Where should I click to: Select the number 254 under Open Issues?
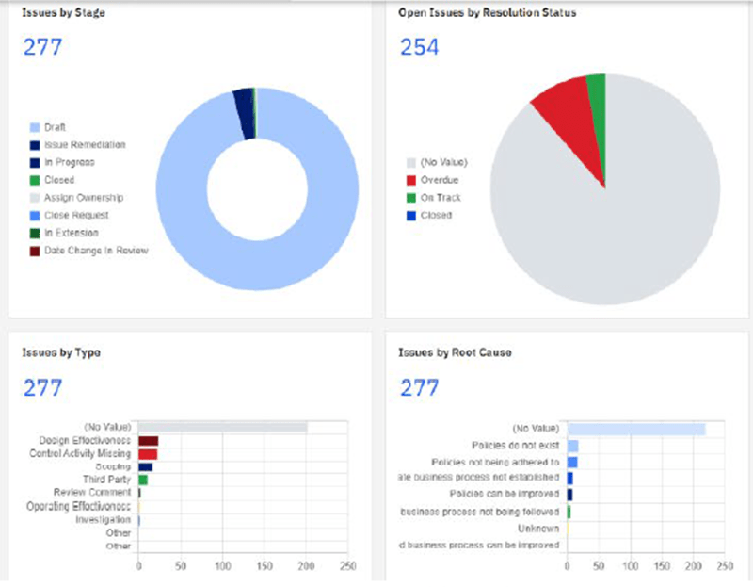420,47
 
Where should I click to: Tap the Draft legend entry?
55,127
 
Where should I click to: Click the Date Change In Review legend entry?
96,250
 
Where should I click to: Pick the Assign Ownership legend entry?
84,198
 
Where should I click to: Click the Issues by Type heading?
61,352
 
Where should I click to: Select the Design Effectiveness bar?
149,441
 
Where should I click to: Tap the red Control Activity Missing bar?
148,454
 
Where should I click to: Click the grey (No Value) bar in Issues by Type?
223,428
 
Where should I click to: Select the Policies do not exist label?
515,445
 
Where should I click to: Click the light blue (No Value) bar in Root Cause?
636,429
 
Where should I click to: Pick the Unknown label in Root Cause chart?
539,529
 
